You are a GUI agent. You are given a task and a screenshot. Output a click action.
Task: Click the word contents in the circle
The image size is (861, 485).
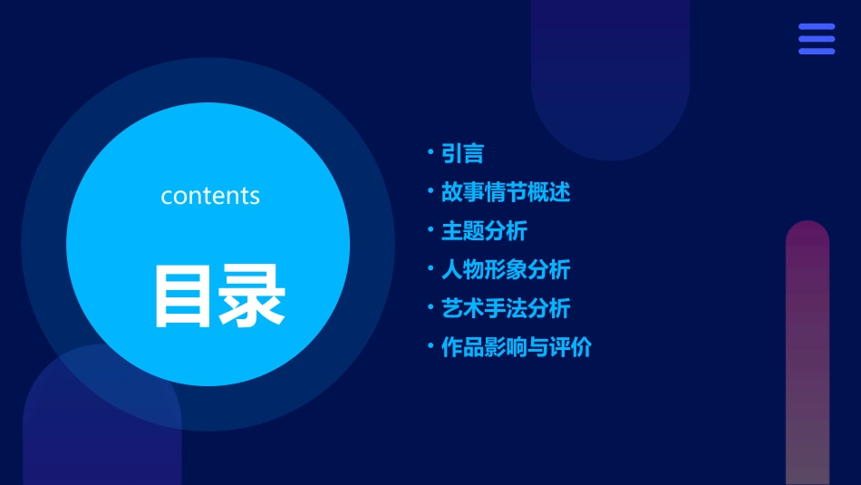(210, 196)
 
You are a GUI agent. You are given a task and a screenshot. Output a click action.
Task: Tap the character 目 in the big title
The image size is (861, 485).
(184, 296)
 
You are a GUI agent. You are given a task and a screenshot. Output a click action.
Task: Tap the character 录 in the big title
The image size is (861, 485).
(253, 296)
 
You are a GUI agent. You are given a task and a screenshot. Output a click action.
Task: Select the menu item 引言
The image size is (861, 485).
(462, 154)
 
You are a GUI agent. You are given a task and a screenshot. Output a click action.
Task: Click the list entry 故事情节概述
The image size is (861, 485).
(505, 192)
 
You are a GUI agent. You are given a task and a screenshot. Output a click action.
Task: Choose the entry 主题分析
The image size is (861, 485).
(484, 231)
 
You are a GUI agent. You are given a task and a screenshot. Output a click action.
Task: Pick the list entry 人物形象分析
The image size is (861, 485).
(505, 269)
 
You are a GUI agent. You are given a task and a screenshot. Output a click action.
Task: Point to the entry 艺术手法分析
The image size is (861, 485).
(505, 308)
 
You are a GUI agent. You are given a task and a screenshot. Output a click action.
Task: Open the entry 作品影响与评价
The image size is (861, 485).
(516, 347)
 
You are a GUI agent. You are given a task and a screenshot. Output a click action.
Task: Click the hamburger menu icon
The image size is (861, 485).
(817, 39)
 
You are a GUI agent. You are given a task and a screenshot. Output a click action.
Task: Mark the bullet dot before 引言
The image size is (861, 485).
(430, 151)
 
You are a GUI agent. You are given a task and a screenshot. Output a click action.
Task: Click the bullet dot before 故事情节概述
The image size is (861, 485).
(430, 190)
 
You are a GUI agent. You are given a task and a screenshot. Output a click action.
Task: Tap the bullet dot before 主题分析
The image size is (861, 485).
(430, 228)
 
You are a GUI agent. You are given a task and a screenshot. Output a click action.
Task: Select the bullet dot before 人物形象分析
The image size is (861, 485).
(430, 267)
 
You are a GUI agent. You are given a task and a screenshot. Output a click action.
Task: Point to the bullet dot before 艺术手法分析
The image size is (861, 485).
(430, 306)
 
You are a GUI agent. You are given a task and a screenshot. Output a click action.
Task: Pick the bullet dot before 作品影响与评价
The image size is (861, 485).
(430, 344)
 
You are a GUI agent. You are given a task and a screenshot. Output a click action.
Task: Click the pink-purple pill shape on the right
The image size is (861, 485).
(807, 354)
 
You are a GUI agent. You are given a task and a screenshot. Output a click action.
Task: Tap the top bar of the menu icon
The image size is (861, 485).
(817, 27)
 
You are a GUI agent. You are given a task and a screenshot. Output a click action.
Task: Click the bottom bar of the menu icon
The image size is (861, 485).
(817, 51)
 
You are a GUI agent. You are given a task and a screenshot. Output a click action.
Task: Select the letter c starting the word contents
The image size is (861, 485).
(167, 197)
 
